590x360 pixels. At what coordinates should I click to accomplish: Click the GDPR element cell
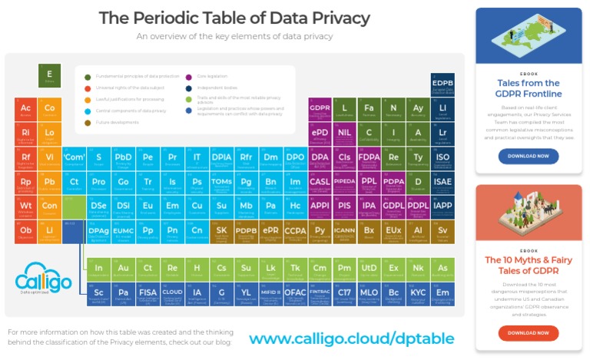[320, 111]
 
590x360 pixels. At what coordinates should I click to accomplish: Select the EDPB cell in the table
[442, 85]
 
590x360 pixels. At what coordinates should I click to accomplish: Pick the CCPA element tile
[296, 231]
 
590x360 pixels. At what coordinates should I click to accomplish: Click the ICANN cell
[344, 231]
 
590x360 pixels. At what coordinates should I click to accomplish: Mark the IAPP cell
[442, 206]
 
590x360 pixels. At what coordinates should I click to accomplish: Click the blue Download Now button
[529, 156]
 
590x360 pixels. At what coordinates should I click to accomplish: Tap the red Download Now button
[529, 332]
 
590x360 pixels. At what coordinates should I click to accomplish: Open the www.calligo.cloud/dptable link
[351, 338]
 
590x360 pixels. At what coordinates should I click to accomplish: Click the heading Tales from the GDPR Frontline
[529, 88]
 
